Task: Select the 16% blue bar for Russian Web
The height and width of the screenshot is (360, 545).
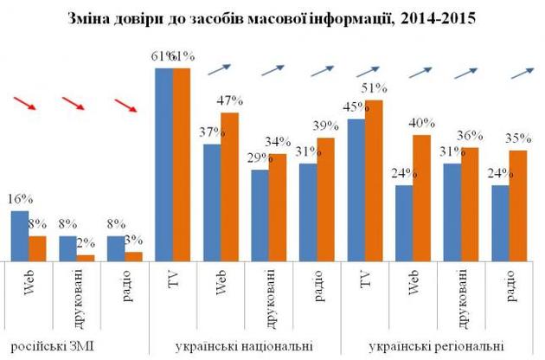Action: pos(19,235)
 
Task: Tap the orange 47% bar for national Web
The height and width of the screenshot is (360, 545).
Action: pos(230,186)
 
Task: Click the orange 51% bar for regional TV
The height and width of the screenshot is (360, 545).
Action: pos(374,180)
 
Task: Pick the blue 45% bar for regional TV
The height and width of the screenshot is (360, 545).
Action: pos(356,190)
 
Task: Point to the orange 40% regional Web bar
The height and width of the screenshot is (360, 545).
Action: pos(422,197)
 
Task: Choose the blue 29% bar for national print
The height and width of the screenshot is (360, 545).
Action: pos(260,215)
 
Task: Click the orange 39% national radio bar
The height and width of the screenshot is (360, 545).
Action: pos(325,199)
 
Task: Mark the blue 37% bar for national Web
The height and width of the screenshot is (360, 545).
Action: pos(212,202)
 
